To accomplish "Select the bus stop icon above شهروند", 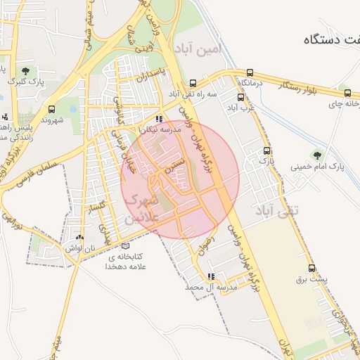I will (51, 109).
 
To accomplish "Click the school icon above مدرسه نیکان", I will (160, 119).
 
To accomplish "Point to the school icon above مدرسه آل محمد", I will (211, 276).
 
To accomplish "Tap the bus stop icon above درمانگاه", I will (250, 72).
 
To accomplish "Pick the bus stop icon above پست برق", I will (312, 267).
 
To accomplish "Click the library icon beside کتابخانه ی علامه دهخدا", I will (126, 246).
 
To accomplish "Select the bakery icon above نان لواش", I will (79, 238).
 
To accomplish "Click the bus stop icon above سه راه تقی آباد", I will (193, 82).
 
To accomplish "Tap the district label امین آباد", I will (200, 50).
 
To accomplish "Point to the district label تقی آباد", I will (276, 210).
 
